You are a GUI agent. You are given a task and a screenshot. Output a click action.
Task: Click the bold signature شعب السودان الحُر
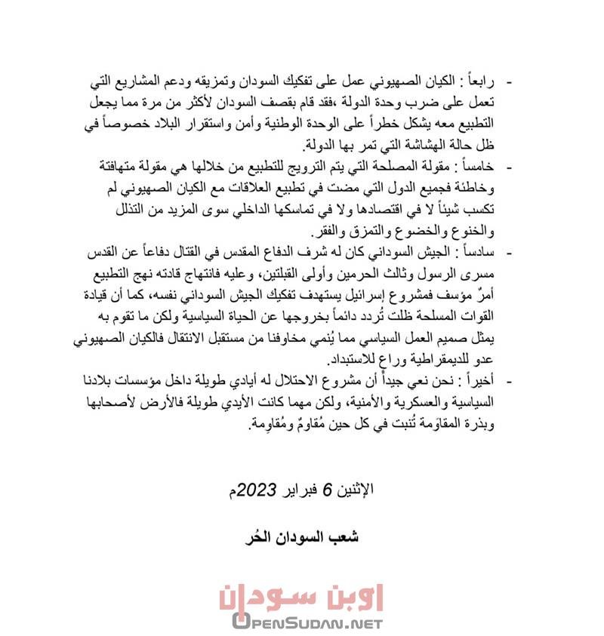[x=302, y=537]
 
